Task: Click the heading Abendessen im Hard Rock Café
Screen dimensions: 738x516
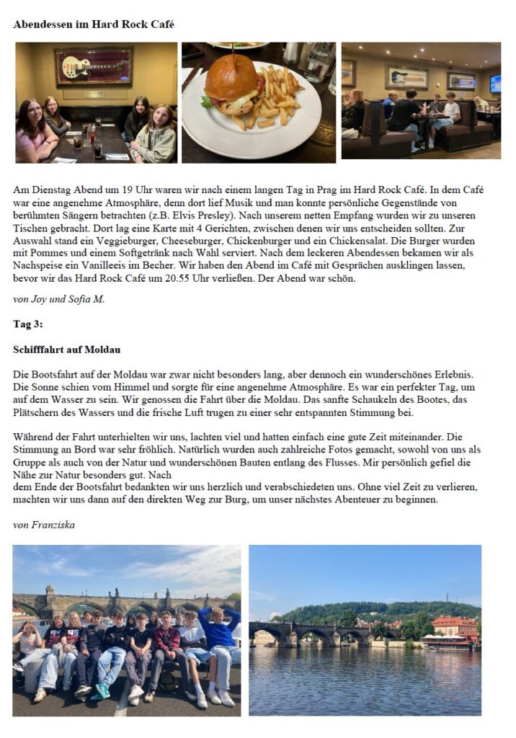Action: coord(93,25)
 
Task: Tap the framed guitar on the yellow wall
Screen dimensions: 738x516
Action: coord(94,66)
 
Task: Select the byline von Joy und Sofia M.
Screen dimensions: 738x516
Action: coord(59,298)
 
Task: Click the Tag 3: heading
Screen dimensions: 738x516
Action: coord(28,324)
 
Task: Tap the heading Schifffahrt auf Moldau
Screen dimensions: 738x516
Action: coord(66,350)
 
